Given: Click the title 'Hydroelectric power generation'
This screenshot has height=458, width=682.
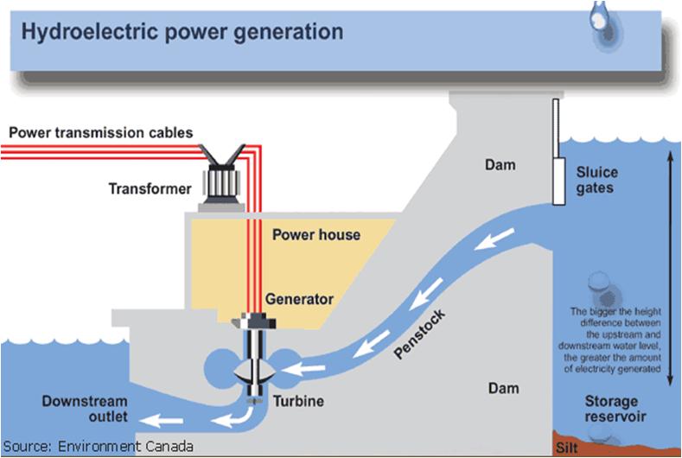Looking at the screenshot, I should tap(182, 34).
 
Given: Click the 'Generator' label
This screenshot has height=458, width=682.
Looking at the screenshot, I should tap(300, 300).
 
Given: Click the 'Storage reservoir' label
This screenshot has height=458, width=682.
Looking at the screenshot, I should tap(610, 410).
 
